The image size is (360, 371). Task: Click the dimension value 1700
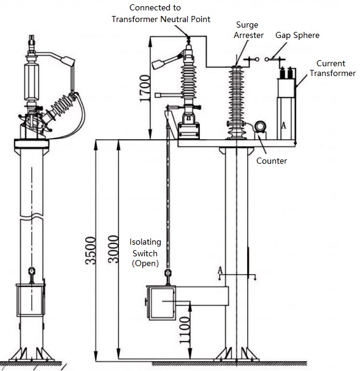point(145,88)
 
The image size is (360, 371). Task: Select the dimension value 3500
point(91,250)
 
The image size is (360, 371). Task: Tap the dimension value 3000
point(113,249)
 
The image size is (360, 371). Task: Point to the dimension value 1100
point(185,331)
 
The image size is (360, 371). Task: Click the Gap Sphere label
point(297,36)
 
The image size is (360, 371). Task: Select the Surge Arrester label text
point(248,30)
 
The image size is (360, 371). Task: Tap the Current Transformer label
point(332,68)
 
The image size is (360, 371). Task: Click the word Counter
point(272,161)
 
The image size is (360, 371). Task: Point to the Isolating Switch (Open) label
point(145,253)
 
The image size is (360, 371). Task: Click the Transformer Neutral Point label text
point(161,19)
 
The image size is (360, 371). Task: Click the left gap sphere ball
point(257,59)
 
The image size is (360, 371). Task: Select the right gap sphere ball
point(267,59)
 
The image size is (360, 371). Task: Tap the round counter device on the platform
point(260,126)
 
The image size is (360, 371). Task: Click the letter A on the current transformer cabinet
point(283,125)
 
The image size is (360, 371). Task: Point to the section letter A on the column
point(220,270)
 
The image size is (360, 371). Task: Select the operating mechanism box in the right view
point(161,302)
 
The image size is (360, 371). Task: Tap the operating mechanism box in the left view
point(31,300)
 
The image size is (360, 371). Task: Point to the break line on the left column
point(31,216)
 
